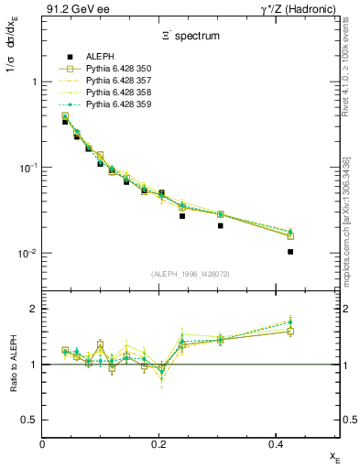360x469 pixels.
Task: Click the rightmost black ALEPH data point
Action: point(290,252)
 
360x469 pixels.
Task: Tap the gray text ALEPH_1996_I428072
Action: point(191,274)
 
